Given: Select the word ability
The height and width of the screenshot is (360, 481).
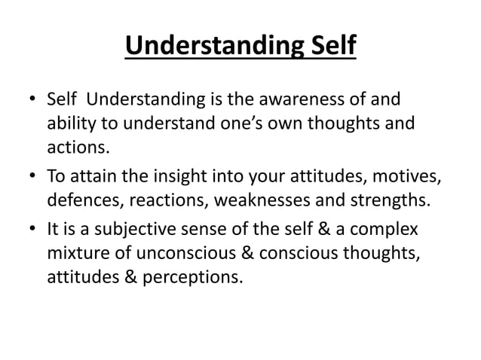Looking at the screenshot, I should point(72,123).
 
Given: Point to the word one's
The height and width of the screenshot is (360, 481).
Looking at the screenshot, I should point(231,123).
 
